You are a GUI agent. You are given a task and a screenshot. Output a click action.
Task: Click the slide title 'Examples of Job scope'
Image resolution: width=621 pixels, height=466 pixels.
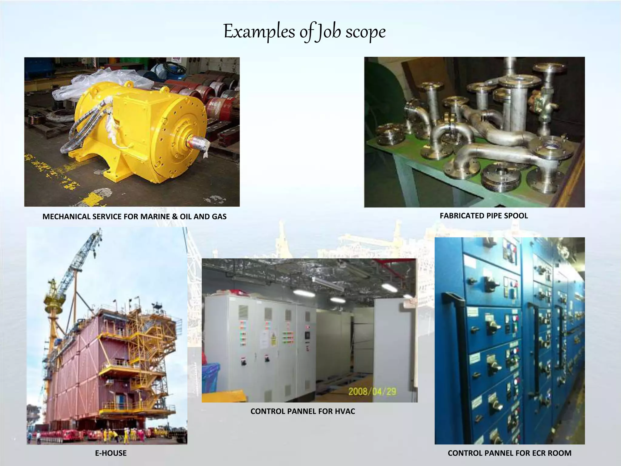[304, 32]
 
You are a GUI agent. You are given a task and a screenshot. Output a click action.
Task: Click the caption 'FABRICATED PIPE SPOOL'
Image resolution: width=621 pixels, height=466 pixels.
[484, 216]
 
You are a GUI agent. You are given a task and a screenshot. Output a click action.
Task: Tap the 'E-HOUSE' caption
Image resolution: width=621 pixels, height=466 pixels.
[111, 453]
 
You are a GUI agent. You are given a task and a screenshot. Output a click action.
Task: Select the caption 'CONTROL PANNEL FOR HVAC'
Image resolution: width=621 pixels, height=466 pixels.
[303, 411]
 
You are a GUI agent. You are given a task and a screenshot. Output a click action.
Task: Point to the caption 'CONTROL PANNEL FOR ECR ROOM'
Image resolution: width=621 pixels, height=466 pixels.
[509, 453]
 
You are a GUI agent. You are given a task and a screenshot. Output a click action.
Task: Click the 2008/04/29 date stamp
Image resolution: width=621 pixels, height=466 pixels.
[372, 391]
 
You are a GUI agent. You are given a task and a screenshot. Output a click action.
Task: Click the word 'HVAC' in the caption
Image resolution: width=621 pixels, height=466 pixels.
[345, 411]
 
